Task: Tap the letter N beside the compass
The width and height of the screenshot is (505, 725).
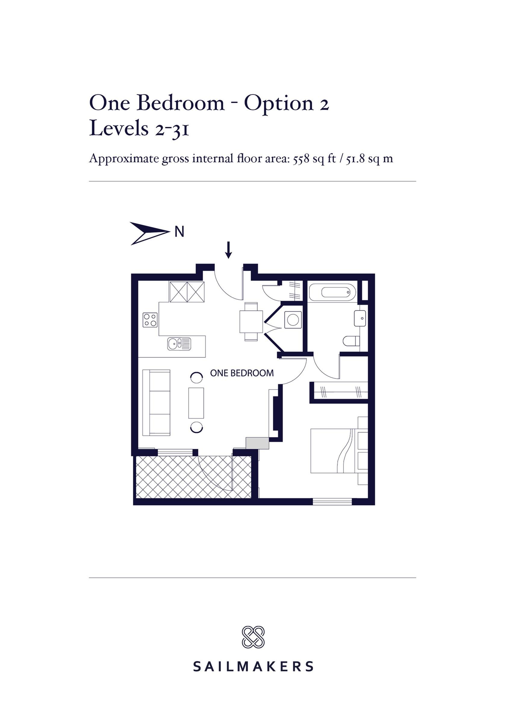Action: click(x=179, y=232)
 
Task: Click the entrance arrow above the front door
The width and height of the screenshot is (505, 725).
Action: click(x=229, y=250)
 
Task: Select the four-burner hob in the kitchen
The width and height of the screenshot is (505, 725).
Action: click(x=150, y=320)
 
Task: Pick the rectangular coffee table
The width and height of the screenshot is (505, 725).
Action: click(x=196, y=403)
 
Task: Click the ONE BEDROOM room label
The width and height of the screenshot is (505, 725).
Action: click(x=242, y=373)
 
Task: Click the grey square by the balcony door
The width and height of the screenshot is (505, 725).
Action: click(x=257, y=443)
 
